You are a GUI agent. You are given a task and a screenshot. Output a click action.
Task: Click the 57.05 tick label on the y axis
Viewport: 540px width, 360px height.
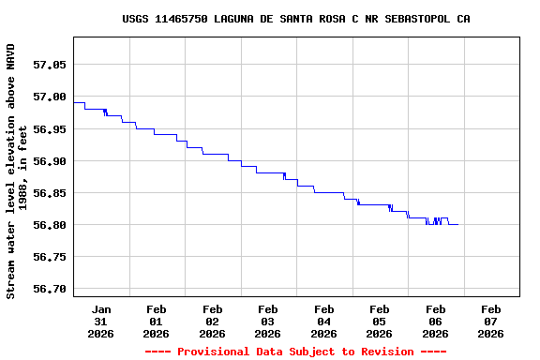(50, 65)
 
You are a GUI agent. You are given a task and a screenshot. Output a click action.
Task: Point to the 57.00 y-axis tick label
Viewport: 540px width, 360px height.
(50, 97)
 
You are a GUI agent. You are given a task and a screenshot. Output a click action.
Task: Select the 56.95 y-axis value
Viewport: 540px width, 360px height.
(50, 129)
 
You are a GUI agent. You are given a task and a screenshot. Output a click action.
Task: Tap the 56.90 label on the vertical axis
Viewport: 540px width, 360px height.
(50, 161)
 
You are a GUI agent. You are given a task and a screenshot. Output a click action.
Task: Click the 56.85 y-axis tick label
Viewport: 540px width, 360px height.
(50, 193)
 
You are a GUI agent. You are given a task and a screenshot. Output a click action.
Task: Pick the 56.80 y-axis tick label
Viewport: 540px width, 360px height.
(50, 225)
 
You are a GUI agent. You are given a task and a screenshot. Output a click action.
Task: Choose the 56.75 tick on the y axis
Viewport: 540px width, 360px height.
(50, 257)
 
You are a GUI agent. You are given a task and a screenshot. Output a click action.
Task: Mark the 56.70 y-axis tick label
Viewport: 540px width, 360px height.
(50, 289)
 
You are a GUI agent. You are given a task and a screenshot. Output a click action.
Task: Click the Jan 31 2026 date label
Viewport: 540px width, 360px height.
(101, 321)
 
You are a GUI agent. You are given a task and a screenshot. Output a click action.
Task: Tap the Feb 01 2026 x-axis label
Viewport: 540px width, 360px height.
(157, 321)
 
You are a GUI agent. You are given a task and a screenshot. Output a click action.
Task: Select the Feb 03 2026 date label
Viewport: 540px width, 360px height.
(268, 321)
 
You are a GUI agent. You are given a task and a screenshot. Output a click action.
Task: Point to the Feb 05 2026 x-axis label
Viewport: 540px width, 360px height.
(380, 321)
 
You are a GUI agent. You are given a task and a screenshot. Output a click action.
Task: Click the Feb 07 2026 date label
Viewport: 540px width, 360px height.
(491, 321)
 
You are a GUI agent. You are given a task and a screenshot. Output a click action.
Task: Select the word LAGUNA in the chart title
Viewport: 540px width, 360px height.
(236, 19)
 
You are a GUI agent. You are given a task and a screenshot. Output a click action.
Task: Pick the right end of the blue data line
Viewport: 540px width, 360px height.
(457, 224)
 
